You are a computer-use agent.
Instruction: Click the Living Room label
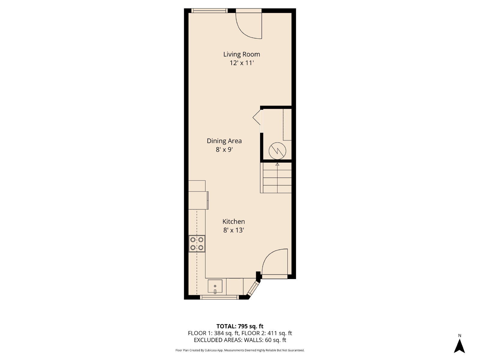point(241,54)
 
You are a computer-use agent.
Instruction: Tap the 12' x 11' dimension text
point(241,63)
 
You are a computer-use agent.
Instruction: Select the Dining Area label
point(224,141)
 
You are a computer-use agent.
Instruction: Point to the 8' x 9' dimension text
point(224,150)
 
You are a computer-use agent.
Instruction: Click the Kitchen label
point(233,222)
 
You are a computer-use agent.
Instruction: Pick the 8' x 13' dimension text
point(233,230)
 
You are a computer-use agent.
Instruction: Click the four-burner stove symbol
point(197,244)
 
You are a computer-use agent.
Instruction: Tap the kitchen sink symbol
point(215,286)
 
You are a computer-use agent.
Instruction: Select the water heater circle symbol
point(277,151)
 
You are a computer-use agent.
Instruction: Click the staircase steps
point(276,178)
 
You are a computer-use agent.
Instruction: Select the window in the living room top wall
point(209,10)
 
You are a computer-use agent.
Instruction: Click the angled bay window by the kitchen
point(253,289)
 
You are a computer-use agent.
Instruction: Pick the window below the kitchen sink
point(219,297)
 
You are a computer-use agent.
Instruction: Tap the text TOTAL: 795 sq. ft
point(240,326)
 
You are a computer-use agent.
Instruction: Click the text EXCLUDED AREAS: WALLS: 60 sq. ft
point(240,340)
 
